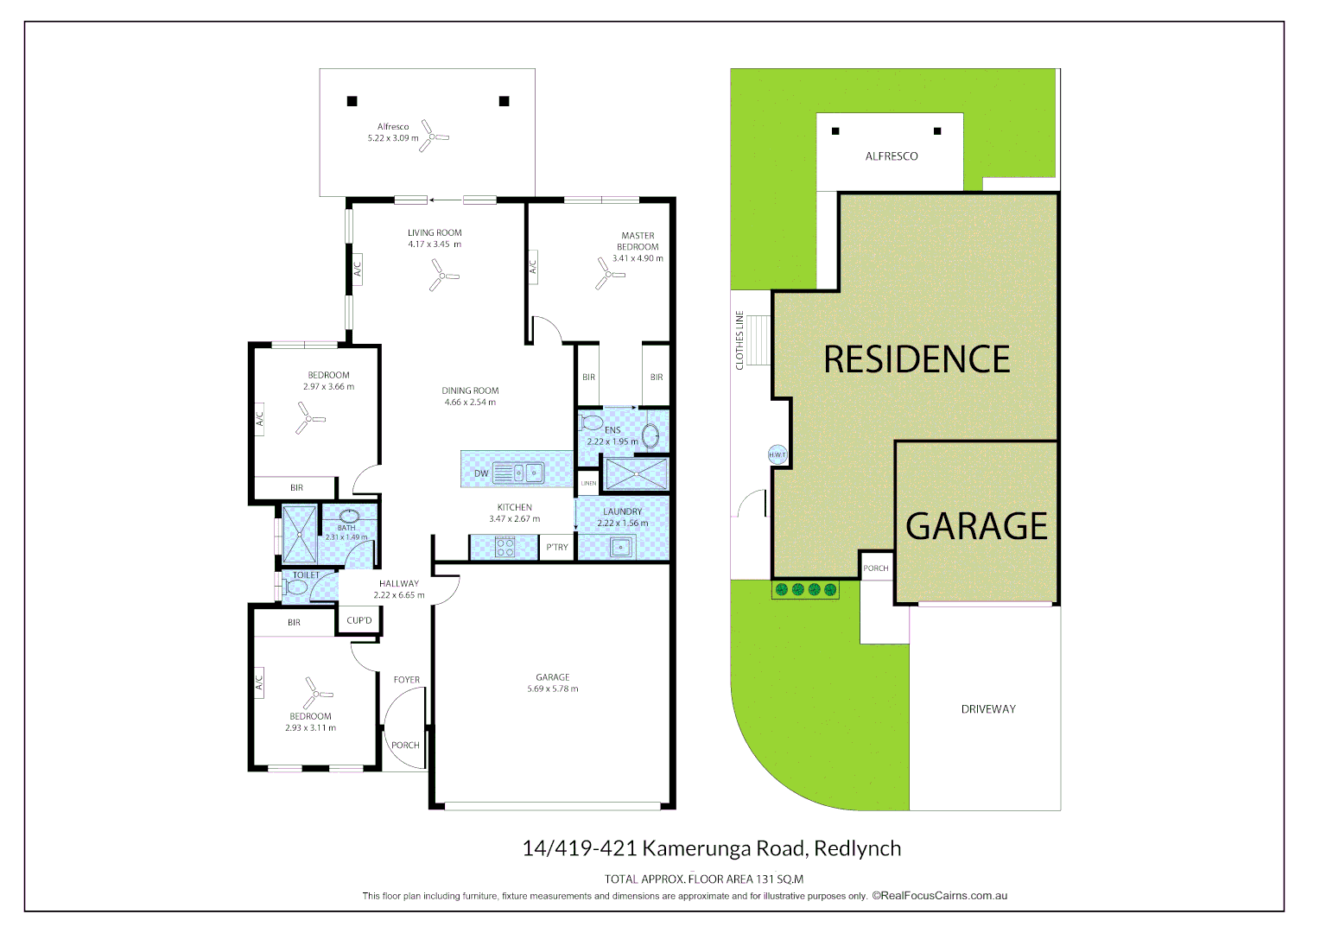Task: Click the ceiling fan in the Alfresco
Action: tap(434, 136)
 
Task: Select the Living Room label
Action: tap(435, 233)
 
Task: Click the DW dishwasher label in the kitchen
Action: tap(481, 473)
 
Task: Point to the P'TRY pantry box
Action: tap(557, 548)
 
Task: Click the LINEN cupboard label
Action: tap(588, 483)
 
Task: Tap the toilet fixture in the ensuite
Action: tap(593, 423)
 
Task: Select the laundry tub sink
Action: tap(620, 547)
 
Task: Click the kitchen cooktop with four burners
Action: tap(505, 547)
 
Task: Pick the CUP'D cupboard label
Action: tap(359, 620)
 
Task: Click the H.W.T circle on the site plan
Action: tap(777, 454)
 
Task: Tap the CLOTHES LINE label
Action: tap(739, 340)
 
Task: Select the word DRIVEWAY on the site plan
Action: tap(988, 709)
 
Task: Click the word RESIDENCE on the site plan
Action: tap(917, 359)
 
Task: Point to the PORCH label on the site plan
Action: tap(876, 568)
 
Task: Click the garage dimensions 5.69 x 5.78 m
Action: tap(553, 689)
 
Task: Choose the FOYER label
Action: tap(407, 680)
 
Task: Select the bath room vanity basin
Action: tap(349, 516)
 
